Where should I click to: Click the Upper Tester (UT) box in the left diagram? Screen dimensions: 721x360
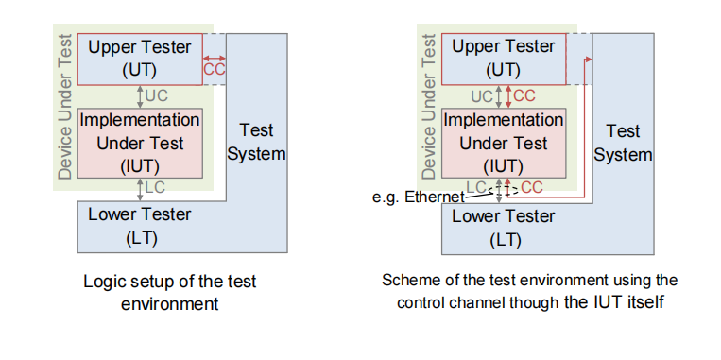coord(140,59)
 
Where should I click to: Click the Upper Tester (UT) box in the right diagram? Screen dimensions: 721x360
coord(504,59)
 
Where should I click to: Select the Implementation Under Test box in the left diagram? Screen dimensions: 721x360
coord(140,143)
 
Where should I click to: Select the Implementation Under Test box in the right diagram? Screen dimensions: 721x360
coord(504,143)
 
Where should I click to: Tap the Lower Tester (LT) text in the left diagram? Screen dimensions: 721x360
coord(140,226)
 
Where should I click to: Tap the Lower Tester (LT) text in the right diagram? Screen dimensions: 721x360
coord(504,228)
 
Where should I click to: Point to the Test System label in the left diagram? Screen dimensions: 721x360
coord(257,142)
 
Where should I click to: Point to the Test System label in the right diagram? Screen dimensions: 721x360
coord(623,143)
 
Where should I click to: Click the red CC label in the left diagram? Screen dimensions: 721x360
coord(215,69)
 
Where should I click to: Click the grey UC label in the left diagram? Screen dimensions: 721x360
coord(157,96)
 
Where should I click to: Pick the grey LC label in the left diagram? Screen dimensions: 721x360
coord(155,187)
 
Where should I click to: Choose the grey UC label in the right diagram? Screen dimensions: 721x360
coord(482,96)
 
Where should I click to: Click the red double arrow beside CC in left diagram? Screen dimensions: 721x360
coord(215,59)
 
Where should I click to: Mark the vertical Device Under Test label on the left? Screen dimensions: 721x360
coord(66,106)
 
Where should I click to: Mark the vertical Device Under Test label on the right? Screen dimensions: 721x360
coord(429,106)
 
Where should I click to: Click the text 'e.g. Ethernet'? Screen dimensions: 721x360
coord(419,197)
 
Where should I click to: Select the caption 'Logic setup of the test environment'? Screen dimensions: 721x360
coord(170,292)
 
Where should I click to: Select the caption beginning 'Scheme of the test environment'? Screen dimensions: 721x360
coord(530,291)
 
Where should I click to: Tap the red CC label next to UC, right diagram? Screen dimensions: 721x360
coord(524,96)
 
